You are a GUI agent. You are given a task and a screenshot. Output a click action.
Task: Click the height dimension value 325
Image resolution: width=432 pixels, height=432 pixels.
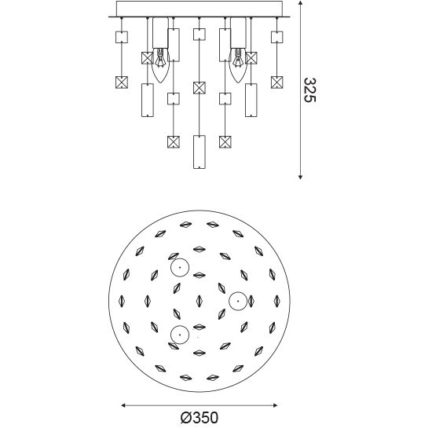coord(309,90)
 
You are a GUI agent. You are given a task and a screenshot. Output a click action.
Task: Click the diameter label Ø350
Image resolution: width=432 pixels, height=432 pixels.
coord(200,418)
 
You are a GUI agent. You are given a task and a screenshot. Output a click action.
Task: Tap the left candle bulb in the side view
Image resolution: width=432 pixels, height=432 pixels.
coord(160,66)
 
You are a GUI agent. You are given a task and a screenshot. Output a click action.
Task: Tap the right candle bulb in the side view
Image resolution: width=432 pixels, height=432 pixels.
coord(238,66)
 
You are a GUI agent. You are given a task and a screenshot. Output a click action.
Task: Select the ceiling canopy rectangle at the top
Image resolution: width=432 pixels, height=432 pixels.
coord(200,9)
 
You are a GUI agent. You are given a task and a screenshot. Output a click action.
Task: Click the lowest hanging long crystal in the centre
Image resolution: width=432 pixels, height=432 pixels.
coord(200,152)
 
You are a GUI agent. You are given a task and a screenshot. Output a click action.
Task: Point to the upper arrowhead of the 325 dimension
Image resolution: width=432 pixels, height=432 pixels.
coord(300,3)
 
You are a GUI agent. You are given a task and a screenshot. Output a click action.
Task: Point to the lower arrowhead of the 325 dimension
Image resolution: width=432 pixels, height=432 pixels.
coord(300,177)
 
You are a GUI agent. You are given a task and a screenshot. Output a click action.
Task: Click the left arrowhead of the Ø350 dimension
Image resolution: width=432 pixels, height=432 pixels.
coord(123,405)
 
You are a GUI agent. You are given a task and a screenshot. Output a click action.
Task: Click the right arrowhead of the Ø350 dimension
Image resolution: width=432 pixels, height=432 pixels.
coord(275,405)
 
